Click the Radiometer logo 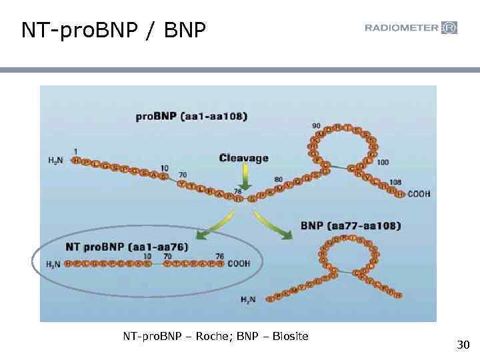[411, 28]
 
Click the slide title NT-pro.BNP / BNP [114, 30]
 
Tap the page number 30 [463, 345]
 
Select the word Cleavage [244, 158]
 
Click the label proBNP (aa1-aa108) [191, 116]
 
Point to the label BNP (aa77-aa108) [351, 226]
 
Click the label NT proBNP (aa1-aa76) [127, 246]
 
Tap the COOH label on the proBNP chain [418, 194]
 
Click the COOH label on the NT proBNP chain [239, 263]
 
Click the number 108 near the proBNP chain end [395, 181]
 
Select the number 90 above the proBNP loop [315, 125]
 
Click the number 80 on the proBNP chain [279, 179]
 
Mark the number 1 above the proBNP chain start [75, 150]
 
